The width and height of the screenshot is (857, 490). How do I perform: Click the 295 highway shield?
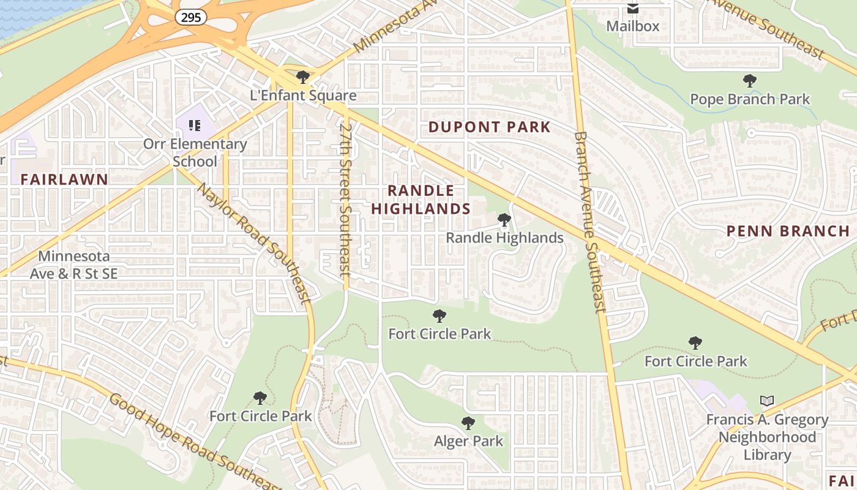pyautogui.click(x=191, y=17)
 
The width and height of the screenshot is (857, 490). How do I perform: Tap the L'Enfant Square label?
pyautogui.click(x=303, y=96)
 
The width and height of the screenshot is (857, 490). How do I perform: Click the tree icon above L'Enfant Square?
pyautogui.click(x=302, y=77)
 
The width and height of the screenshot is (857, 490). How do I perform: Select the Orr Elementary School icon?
pyautogui.click(x=195, y=126)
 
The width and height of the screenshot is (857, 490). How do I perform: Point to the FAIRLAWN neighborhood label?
pyautogui.click(x=64, y=179)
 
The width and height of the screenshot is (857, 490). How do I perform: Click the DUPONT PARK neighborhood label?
pyautogui.click(x=489, y=127)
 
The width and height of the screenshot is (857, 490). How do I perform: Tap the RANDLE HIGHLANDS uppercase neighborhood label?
pyautogui.click(x=421, y=200)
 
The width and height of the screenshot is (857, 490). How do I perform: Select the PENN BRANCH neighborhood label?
pyautogui.click(x=788, y=232)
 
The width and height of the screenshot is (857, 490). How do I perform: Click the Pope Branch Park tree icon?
pyautogui.click(x=749, y=81)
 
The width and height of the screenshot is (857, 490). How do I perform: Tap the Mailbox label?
pyautogui.click(x=633, y=26)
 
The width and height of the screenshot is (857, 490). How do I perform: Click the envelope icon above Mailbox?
pyautogui.click(x=632, y=9)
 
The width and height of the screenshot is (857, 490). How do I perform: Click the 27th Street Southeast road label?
pyautogui.click(x=346, y=199)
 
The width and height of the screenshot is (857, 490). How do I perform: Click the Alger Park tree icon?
pyautogui.click(x=468, y=423)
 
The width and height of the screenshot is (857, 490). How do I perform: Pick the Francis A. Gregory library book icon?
pyautogui.click(x=766, y=401)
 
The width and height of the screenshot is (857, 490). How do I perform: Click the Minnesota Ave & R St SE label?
pyautogui.click(x=73, y=265)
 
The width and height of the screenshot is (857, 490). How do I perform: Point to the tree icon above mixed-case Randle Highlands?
pyautogui.click(x=504, y=220)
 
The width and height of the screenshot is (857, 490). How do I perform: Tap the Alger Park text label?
pyautogui.click(x=468, y=441)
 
